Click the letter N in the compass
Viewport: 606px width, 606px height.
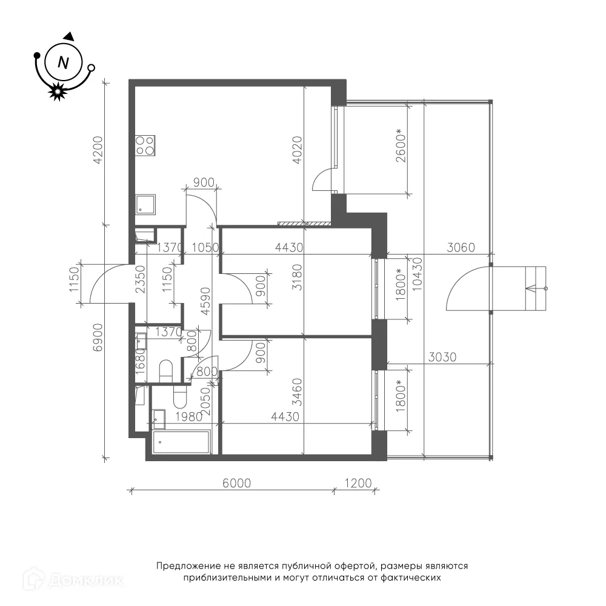(x=63, y=62)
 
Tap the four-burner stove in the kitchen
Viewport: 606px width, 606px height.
(x=145, y=145)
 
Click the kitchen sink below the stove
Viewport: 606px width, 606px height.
(x=145, y=204)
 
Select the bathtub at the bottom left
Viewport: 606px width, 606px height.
(x=182, y=443)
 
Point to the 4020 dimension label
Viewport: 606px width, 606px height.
(x=297, y=150)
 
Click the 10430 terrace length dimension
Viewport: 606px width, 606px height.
(x=418, y=274)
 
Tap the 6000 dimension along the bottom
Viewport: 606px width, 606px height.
(x=237, y=483)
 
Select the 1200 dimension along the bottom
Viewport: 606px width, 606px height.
(x=358, y=483)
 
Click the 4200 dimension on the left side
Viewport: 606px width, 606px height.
(x=98, y=150)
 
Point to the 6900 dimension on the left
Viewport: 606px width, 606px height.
(x=98, y=337)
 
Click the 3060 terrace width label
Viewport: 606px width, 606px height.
(x=461, y=247)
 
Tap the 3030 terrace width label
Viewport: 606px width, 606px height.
(x=442, y=357)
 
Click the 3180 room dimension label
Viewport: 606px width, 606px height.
(x=297, y=278)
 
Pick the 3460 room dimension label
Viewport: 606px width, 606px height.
(x=297, y=392)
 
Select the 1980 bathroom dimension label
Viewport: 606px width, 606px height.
(x=189, y=417)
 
